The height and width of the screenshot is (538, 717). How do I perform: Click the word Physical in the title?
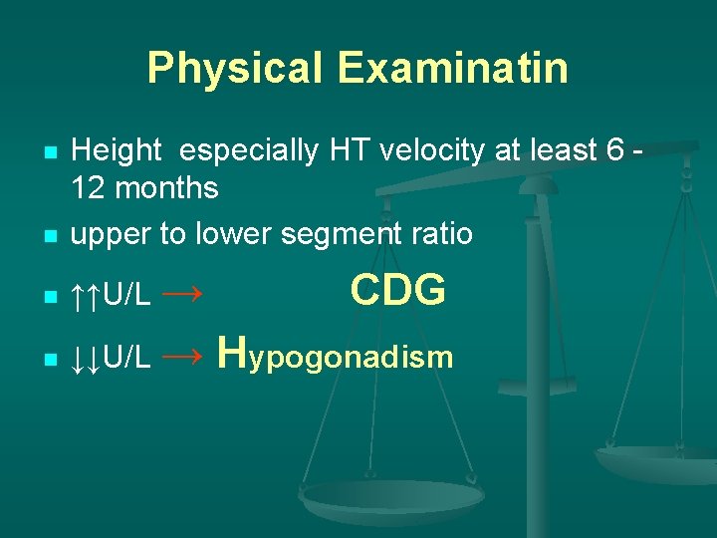point(235,69)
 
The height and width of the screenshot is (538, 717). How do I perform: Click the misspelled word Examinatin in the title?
point(452,69)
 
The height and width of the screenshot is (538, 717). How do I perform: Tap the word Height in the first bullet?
point(117,151)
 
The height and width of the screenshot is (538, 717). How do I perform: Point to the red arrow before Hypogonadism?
point(182,356)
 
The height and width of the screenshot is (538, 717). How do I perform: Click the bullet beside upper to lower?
point(50,236)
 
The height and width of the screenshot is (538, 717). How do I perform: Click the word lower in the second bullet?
point(230,233)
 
